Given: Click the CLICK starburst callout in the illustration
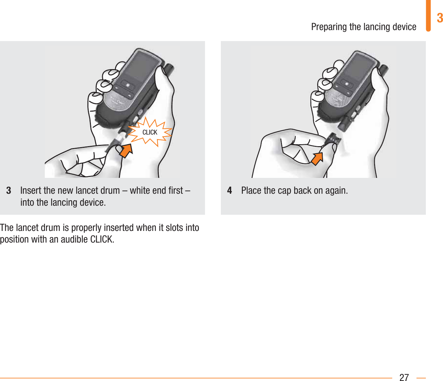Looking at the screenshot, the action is tap(150, 132).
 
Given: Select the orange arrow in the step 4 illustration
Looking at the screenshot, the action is tap(317, 159).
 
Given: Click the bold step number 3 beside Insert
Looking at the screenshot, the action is tap(9, 190).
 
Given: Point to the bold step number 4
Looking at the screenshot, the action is tap(230, 190).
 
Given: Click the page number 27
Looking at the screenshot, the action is tap(404, 377).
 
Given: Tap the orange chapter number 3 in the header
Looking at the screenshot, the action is tap(439, 18).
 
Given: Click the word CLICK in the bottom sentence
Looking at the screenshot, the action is tap(102, 239).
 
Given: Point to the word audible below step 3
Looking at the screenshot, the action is tap(74, 239).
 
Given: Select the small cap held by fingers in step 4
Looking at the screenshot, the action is tap(333, 140).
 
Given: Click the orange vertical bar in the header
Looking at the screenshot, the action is tap(428, 16).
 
